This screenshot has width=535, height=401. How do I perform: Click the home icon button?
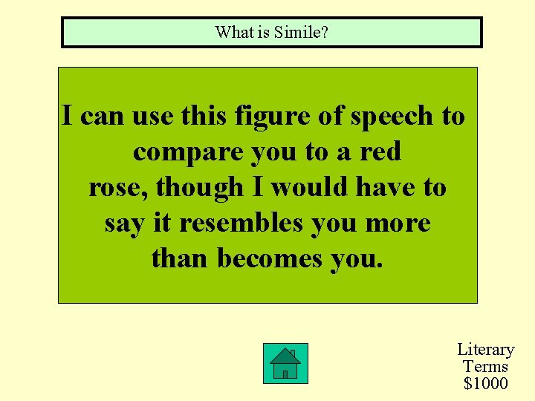tap(285, 363)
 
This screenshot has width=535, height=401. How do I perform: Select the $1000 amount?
tap(485, 383)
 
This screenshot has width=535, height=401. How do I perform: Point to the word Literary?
tap(485, 349)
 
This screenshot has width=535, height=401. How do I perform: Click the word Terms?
tap(485, 366)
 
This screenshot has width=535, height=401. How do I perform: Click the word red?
tap(380, 152)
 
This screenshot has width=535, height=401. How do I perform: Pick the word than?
tap(181, 258)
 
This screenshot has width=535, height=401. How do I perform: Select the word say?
tap(120, 223)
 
